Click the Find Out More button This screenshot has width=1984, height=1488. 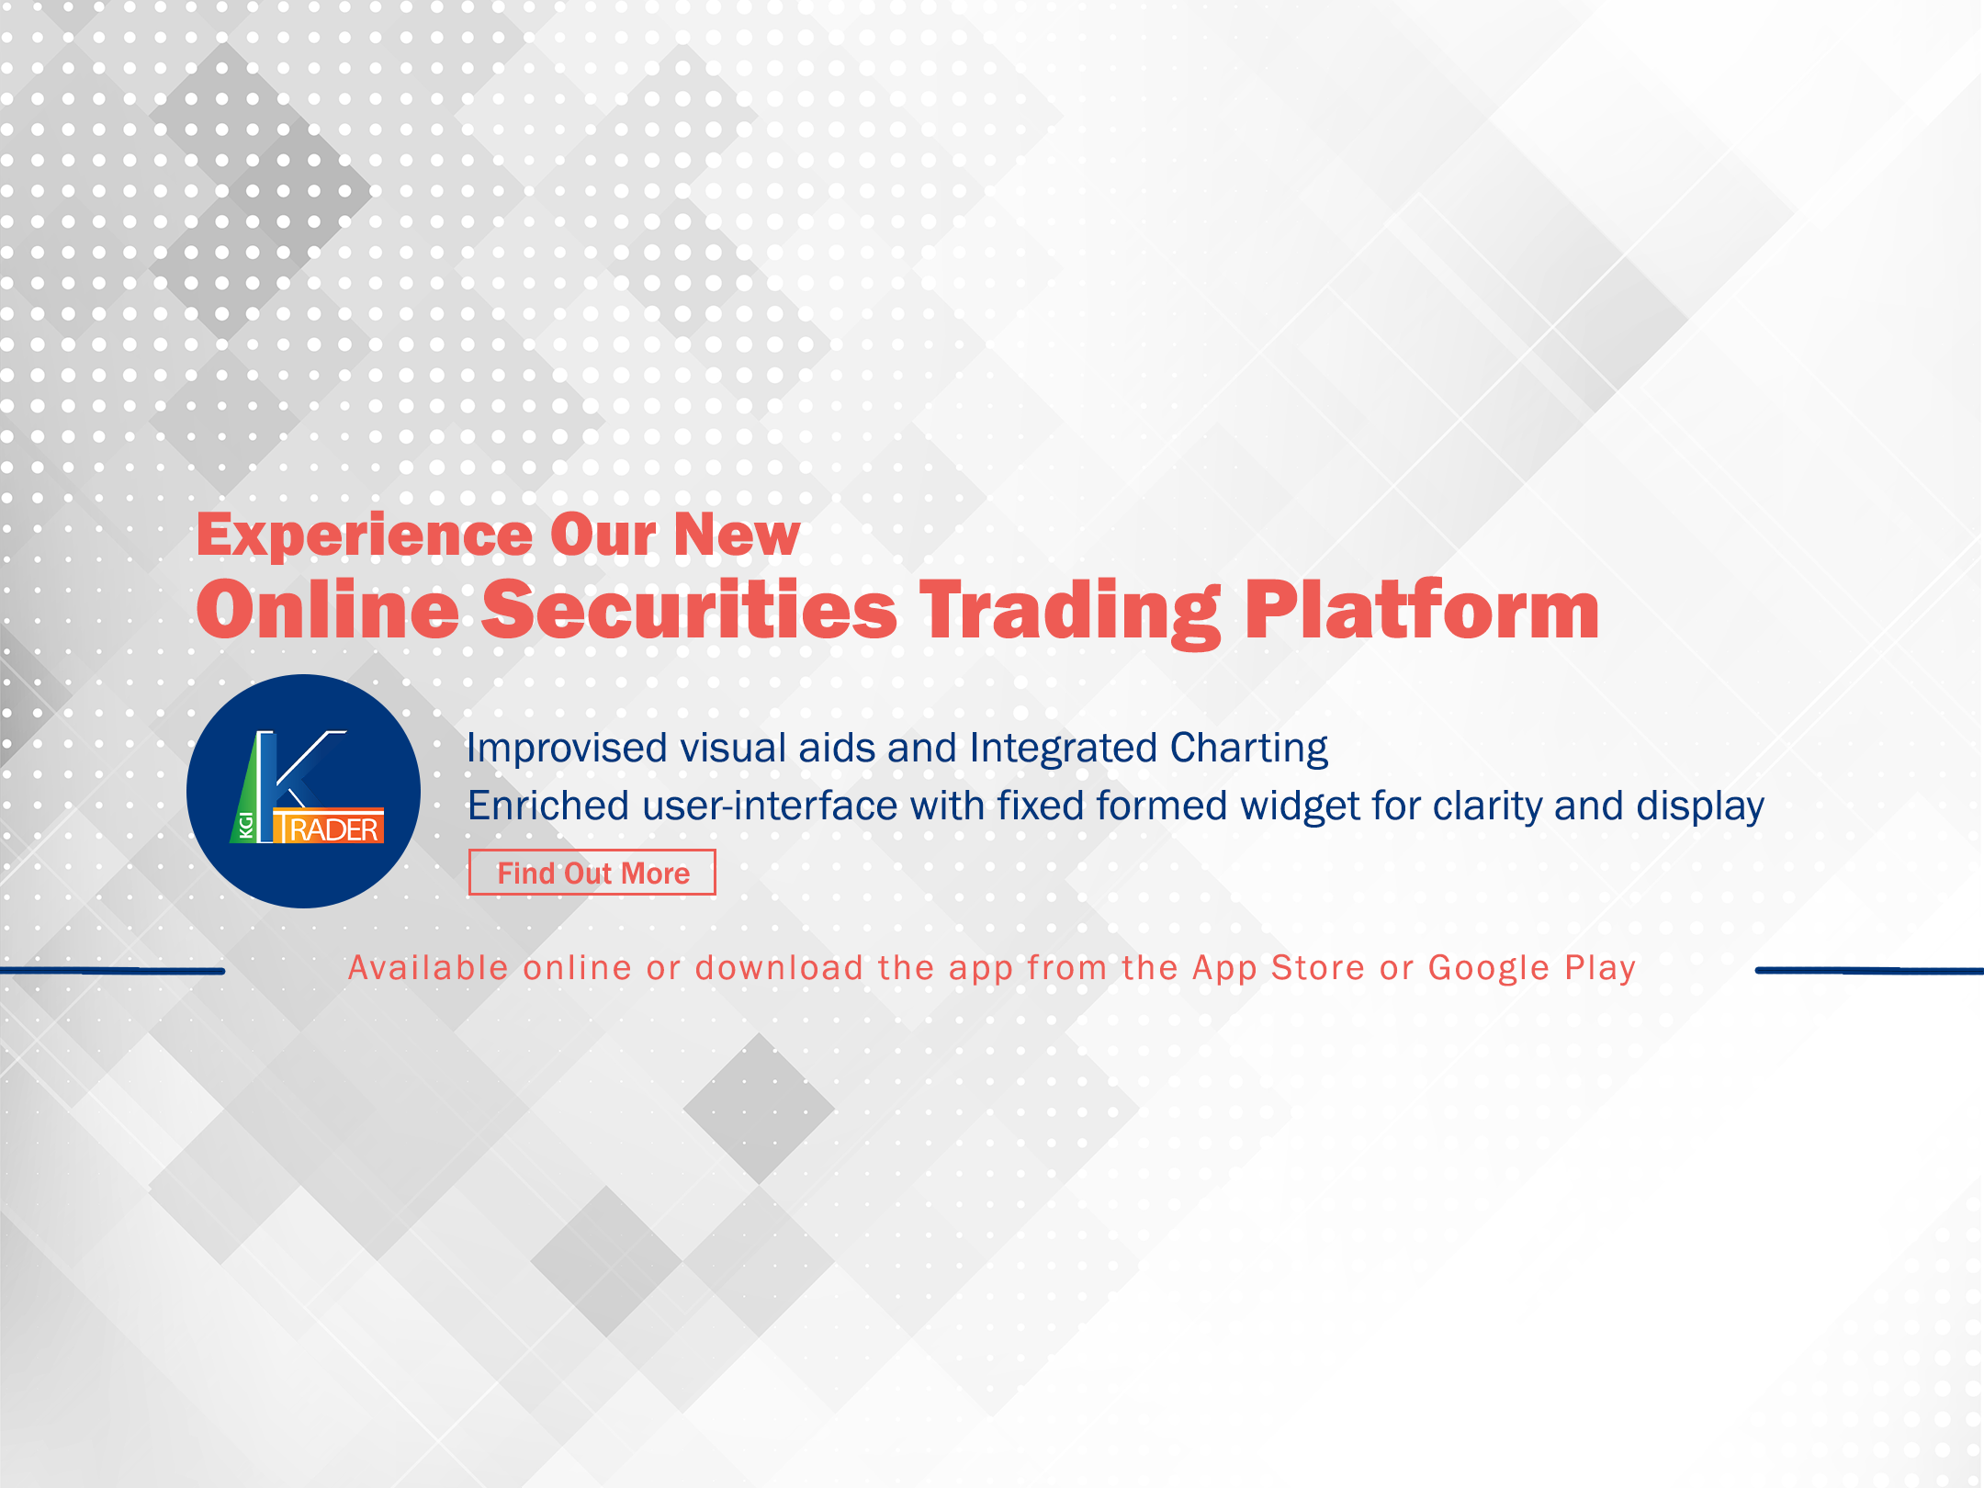tap(592, 872)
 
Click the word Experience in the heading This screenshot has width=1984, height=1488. tap(365, 535)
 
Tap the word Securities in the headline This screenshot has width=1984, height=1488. tap(689, 610)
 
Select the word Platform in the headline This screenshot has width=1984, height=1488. tap(1422, 610)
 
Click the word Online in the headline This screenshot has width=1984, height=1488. tap(328, 610)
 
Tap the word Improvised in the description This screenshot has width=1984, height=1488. tap(567, 749)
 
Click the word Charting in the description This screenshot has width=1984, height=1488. tap(1249, 749)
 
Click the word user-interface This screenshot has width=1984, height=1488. tap(769, 806)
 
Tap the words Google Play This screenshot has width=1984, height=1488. tap(1532, 968)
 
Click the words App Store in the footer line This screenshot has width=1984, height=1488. tap(1279, 968)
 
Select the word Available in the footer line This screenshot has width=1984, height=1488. tap(428, 967)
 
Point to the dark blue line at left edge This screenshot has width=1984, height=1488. tap(112, 970)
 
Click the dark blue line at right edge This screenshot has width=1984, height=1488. tap(1869, 970)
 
